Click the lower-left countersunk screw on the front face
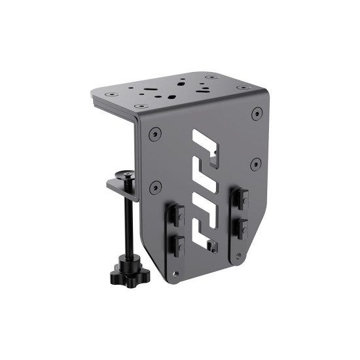click(155, 188)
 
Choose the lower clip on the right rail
click(242, 227)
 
